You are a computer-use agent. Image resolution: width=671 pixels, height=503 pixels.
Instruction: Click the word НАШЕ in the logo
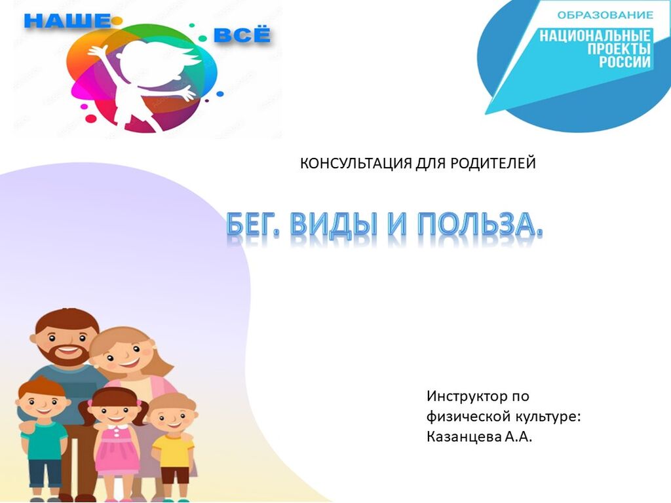(x=67, y=20)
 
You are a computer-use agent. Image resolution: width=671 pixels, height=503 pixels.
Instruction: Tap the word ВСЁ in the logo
(x=242, y=35)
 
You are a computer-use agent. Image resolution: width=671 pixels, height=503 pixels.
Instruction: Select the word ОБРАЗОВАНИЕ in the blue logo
(x=605, y=16)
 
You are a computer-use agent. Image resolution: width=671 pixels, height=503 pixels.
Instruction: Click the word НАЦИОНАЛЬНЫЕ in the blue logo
(x=595, y=35)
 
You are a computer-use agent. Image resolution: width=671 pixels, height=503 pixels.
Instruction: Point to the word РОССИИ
(x=624, y=62)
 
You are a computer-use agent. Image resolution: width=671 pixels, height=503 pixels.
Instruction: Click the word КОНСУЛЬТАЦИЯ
(x=356, y=163)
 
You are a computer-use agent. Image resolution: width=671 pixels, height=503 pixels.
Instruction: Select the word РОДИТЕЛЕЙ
(x=493, y=163)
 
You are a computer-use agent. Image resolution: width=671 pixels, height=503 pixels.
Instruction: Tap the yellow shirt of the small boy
(x=173, y=451)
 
